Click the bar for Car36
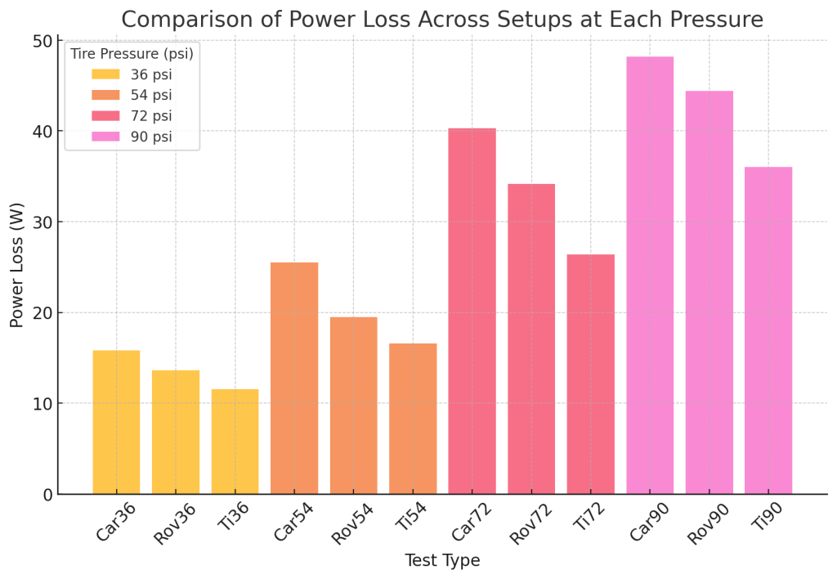[116, 422]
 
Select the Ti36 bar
[235, 442]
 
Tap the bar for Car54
[294, 378]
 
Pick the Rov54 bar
[353, 406]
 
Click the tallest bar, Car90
[650, 275]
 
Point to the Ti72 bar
[590, 375]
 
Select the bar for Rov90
[709, 293]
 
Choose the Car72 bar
[472, 312]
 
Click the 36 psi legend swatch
[105, 74]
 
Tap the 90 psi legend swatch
[105, 137]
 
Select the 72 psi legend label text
[151, 116]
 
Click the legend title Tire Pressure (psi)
[132, 53]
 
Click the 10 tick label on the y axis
[43, 404]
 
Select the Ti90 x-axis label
[767, 516]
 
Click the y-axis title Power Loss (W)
[16, 265]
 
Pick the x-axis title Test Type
[442, 560]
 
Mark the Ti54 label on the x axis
[411, 516]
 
